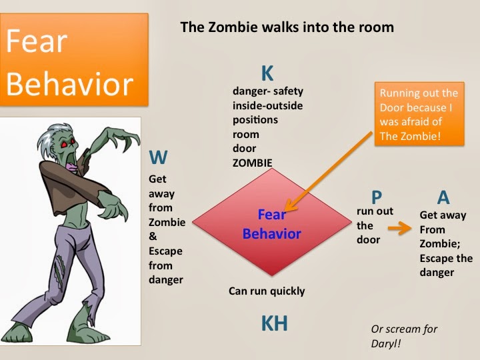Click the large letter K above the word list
tap(267, 73)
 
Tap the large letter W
tap(158, 157)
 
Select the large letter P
tap(377, 197)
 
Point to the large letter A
tap(443, 197)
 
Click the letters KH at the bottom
tap(274, 323)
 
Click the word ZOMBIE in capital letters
tap(252, 163)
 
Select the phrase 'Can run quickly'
tap(267, 291)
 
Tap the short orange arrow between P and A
tap(400, 228)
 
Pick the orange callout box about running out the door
tap(419, 113)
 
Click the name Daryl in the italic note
tap(386, 344)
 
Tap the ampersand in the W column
tap(153, 236)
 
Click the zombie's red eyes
tap(67, 143)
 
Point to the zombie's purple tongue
tap(72, 167)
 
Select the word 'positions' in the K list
tap(255, 120)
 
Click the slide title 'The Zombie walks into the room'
tap(287, 27)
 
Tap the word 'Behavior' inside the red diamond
tap(272, 234)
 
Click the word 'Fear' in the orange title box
tap(37, 41)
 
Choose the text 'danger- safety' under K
tap(268, 91)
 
